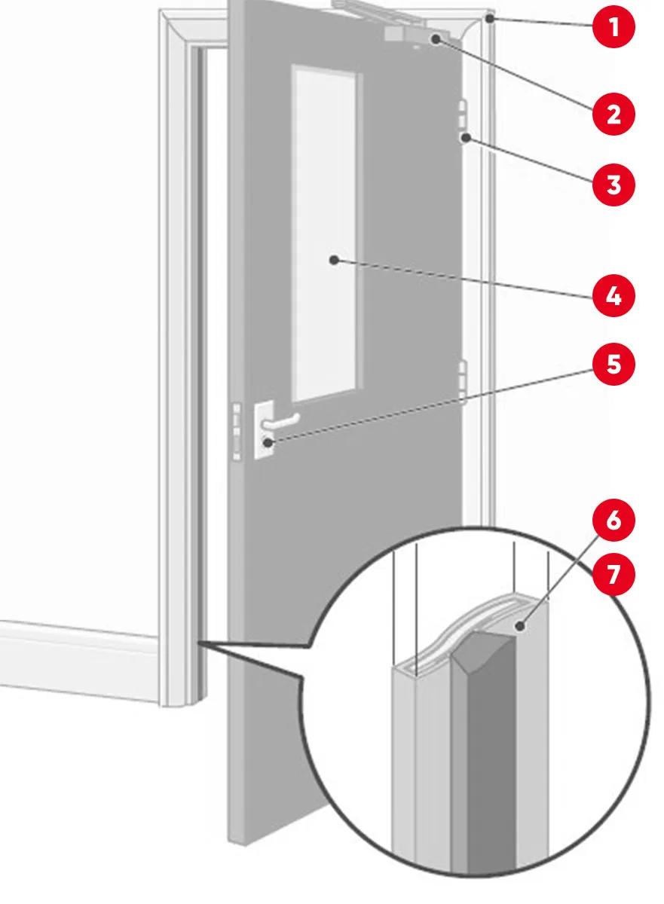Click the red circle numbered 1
pos(614,27)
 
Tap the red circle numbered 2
pos(614,115)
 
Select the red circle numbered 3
pos(614,185)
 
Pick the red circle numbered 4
pos(614,296)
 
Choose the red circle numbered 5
pos(614,365)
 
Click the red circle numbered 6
pos(614,521)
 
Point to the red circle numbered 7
pos(614,574)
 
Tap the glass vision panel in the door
pos(325,234)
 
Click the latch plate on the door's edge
pos(237,431)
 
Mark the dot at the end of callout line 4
pos(334,260)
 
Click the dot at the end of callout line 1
pos(489,18)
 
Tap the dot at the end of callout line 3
pos(467,138)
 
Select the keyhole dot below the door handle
pos(268,443)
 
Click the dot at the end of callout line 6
pos(520,626)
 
